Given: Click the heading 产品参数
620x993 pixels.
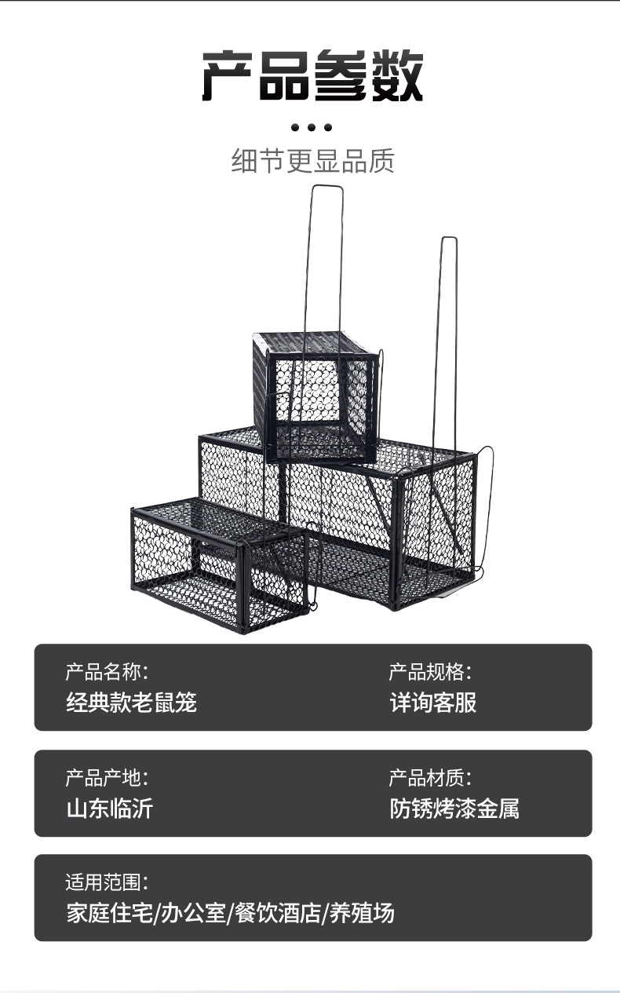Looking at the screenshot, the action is point(312,76).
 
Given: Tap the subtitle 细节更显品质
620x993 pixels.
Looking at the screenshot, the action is point(312,161).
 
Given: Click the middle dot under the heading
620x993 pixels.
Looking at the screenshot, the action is point(312,127).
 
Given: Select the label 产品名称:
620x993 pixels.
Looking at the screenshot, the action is point(106,672).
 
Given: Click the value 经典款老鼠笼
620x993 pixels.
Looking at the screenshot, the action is point(130,702).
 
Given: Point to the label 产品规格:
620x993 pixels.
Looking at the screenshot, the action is point(430,672).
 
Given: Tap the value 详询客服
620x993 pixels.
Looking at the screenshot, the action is point(433,702).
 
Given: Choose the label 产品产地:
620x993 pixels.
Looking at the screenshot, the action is point(106,778).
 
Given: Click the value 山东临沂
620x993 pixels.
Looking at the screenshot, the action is point(109,809).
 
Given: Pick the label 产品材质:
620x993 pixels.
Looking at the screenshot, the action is point(430,778).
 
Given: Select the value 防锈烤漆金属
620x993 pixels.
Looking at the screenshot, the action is point(454,809).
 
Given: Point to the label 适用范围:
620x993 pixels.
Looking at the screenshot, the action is point(106,882).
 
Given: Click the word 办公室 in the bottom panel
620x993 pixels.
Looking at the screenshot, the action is point(193,913).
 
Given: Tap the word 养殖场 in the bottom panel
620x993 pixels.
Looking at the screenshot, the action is point(361,913).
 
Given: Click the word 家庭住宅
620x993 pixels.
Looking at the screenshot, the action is point(109,913).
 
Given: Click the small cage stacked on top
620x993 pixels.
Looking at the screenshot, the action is point(314,396).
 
